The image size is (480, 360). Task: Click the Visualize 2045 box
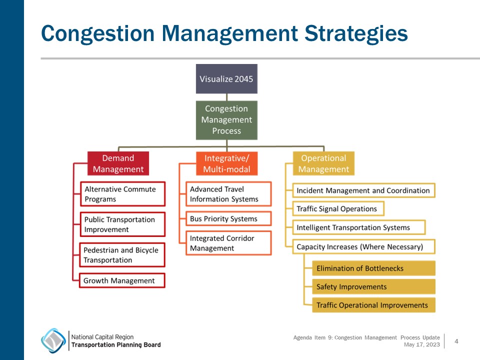(226, 79)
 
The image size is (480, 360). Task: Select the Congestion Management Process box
(226, 120)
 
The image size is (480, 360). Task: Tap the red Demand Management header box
(118, 163)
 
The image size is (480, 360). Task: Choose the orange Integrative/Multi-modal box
(226, 163)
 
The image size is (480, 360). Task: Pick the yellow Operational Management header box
(323, 163)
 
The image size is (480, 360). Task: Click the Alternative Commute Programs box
(122, 194)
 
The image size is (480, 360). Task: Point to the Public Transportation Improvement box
(122, 224)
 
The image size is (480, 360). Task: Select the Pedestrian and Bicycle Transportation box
(122, 255)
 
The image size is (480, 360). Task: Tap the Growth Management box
(122, 280)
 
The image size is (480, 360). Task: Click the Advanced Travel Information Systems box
(228, 194)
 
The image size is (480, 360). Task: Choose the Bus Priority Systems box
(228, 218)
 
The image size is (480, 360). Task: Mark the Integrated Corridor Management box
(228, 243)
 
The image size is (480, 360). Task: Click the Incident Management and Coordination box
(363, 190)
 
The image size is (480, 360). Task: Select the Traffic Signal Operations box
(337, 208)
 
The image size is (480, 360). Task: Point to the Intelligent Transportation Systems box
(358, 227)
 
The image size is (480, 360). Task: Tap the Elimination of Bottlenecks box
(373, 268)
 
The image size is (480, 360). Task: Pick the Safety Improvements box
(373, 287)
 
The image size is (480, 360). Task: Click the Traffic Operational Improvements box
(373, 305)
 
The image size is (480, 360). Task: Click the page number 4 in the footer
(456, 341)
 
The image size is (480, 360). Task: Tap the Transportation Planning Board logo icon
(53, 340)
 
